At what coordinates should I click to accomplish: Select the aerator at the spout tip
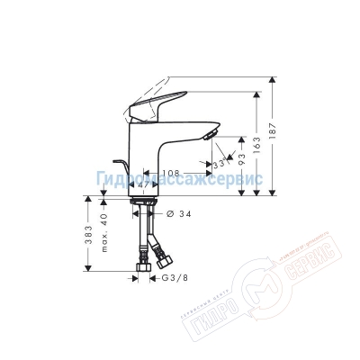212,136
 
